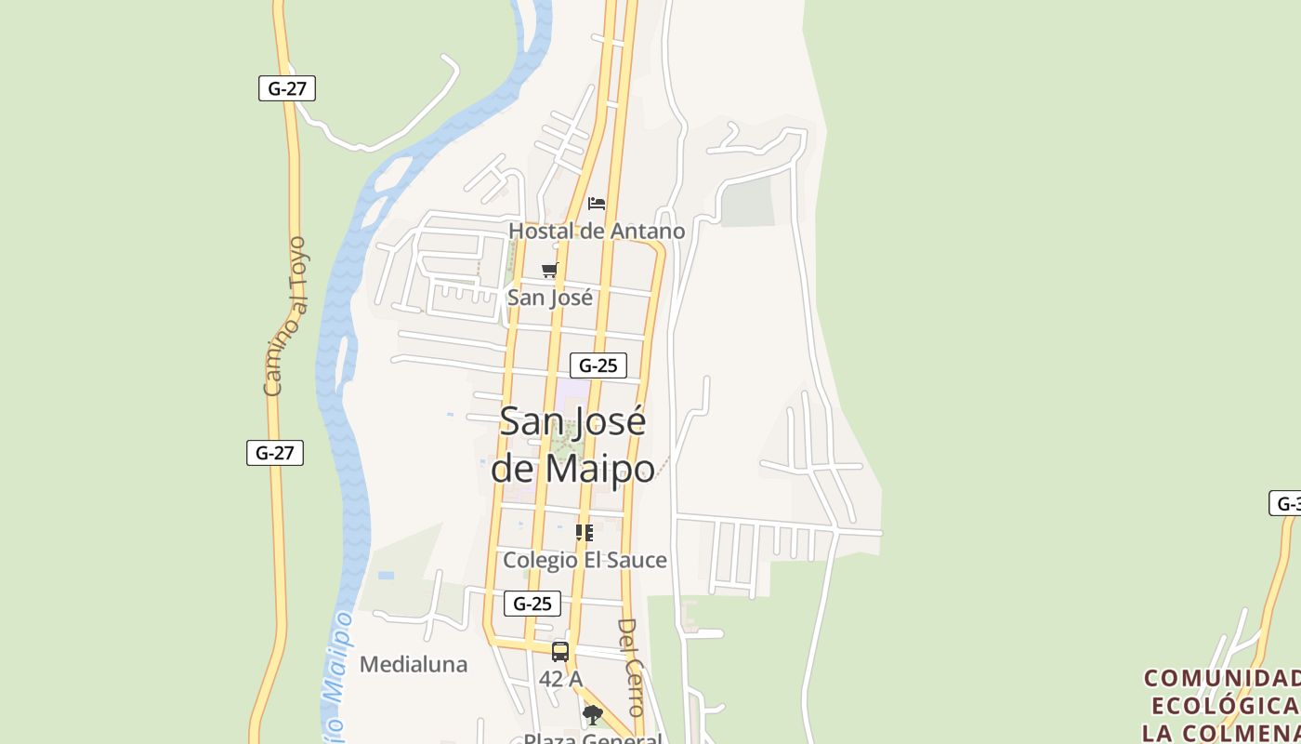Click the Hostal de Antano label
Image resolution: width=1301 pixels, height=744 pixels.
tap(596, 231)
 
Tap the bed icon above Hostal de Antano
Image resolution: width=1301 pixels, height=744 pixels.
tap(597, 203)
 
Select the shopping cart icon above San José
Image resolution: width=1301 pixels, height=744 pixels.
tap(550, 270)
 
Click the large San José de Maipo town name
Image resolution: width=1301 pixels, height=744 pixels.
tap(572, 445)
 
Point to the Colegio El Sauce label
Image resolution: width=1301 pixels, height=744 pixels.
tap(585, 560)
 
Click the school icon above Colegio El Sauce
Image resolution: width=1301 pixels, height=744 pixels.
tap(584, 533)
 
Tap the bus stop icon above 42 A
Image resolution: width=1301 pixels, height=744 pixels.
tap(560, 651)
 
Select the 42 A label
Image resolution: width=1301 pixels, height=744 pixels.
tap(560, 679)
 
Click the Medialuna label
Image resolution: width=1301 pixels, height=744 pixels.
tap(413, 664)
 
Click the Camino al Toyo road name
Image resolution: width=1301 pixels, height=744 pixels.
tap(285, 316)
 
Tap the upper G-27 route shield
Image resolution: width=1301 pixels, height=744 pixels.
tap(287, 88)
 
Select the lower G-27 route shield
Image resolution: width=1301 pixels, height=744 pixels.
tap(275, 453)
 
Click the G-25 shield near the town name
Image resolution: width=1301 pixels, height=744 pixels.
tap(598, 365)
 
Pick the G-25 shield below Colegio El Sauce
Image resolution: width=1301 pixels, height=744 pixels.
tap(532, 604)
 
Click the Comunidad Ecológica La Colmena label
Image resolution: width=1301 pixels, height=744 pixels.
tap(1221, 704)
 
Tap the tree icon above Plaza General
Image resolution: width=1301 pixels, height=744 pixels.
tap(592, 714)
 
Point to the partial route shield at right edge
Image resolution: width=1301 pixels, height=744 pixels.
tap(1286, 503)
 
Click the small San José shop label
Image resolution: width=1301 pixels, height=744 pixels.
tap(549, 298)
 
